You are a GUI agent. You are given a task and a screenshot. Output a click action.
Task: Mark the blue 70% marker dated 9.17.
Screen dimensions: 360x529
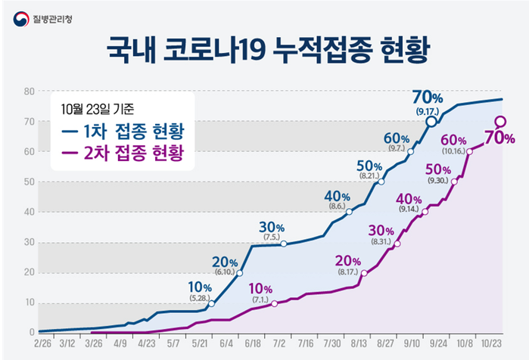point(431,121)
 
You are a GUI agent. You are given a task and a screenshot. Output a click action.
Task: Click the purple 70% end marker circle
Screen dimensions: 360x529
point(500,121)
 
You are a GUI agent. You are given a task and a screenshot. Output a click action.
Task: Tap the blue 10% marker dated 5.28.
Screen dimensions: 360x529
point(211,304)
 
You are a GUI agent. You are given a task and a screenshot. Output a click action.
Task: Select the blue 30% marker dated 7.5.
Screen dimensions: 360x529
point(283,244)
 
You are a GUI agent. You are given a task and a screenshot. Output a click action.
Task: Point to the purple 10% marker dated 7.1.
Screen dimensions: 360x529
point(275,304)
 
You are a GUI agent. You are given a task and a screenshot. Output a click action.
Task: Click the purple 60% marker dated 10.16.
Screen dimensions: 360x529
point(469,151)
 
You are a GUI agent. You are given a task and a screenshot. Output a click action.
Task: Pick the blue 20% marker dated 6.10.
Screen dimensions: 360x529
point(240,273)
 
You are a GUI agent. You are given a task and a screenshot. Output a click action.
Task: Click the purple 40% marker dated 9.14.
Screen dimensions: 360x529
point(425,212)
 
